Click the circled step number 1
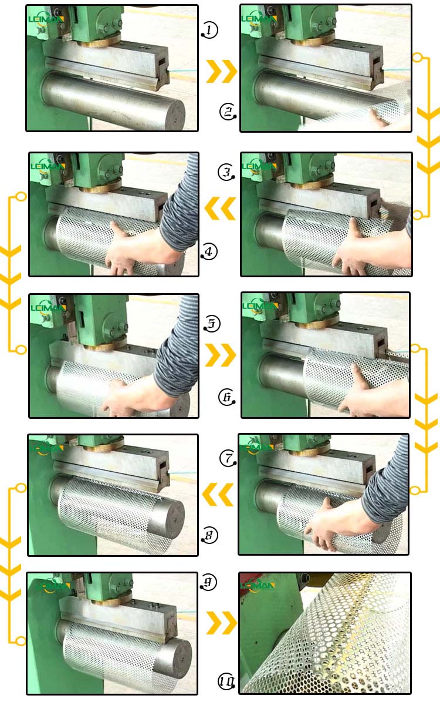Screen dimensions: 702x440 point(209,29)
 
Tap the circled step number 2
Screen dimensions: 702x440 point(228,111)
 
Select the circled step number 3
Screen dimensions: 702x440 point(226,172)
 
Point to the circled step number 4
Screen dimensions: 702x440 point(209,252)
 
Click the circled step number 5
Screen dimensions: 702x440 point(212,323)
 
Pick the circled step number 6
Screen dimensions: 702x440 point(226,397)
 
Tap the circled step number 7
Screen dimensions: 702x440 point(228,458)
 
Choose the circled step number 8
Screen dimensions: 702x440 point(209,535)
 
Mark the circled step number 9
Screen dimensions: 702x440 point(209,582)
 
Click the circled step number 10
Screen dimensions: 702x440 point(227,681)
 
